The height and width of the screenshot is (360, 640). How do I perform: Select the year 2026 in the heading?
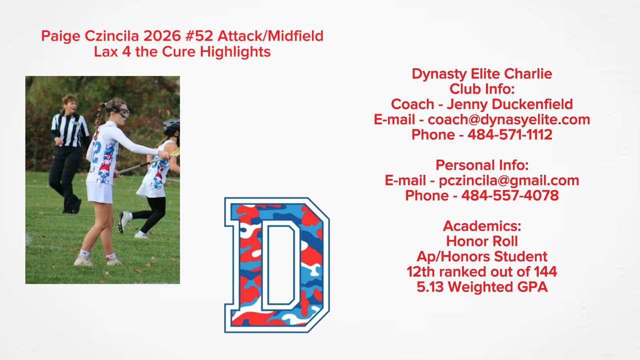162,36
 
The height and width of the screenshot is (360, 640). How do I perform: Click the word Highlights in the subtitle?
235,51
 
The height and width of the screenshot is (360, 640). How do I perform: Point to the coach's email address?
509,119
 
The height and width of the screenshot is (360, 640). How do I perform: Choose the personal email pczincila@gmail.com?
509,180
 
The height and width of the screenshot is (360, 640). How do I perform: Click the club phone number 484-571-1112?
510,134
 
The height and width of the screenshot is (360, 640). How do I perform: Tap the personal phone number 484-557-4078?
510,195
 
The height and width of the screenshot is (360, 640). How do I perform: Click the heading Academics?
482,226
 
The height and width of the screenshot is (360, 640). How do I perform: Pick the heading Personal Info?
482,165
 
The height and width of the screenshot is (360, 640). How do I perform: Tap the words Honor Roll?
482,241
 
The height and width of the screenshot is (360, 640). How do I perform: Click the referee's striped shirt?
69,130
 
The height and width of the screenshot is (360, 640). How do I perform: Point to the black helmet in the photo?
171,127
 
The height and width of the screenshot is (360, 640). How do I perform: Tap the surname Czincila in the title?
111,36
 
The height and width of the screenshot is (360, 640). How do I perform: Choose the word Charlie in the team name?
528,73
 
